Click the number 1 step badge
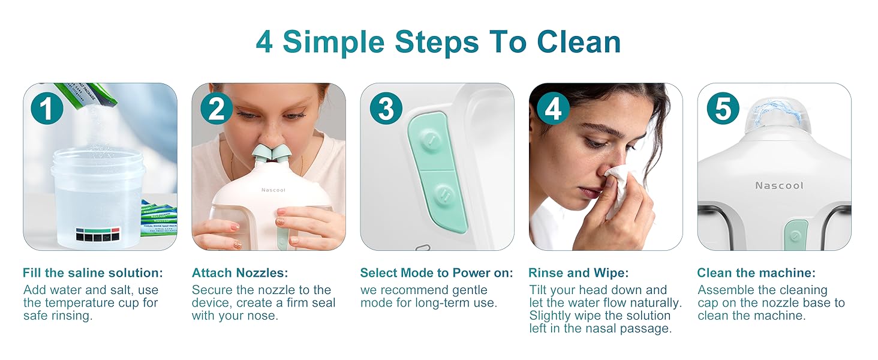coord(46,108)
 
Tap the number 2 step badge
coord(217,108)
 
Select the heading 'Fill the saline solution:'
coord(93,273)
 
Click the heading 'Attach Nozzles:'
coord(240,273)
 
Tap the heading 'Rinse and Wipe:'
coord(579,273)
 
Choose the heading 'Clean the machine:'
coord(756,273)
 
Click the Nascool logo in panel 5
coord(779,186)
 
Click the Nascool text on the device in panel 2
coord(273,190)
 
